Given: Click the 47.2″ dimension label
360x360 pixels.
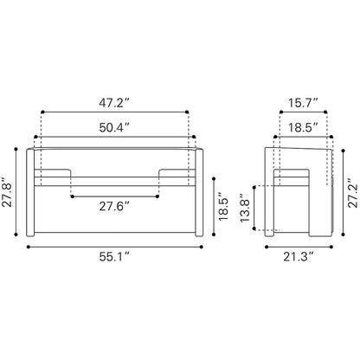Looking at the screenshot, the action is pos(114,103).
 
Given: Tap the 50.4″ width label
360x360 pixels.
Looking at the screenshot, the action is pos(114,127).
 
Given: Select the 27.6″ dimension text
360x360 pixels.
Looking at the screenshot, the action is pos(114,206).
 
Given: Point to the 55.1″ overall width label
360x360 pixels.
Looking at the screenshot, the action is pos(114,256).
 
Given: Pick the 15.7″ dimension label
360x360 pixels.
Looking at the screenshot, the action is pos(303,103).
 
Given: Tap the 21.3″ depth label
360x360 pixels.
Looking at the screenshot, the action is pos(299,256).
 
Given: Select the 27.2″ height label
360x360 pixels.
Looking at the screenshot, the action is pos(353,193).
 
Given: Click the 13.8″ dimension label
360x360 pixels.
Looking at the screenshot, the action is pos(245,208).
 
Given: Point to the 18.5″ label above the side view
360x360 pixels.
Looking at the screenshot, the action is pos(303,127).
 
